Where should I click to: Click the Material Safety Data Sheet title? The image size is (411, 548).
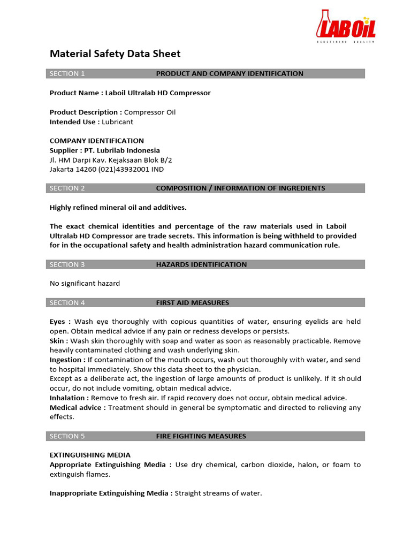pos(115,54)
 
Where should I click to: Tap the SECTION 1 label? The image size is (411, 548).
pos(67,73)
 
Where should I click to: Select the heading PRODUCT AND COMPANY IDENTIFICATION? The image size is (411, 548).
pos(229,73)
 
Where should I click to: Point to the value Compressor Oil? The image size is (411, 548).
pos(150,112)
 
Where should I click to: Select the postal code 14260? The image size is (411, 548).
pos(85,169)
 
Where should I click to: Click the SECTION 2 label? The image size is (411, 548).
pos(67,188)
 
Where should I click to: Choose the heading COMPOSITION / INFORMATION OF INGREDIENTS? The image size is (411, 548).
pos(240,188)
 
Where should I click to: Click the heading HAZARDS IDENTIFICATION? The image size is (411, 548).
pos(201,264)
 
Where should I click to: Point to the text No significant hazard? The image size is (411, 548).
pos(85,283)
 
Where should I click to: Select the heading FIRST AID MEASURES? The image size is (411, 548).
pos(192,303)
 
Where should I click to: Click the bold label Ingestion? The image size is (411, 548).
pos(65,360)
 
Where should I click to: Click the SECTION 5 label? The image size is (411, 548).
pos(67,436)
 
